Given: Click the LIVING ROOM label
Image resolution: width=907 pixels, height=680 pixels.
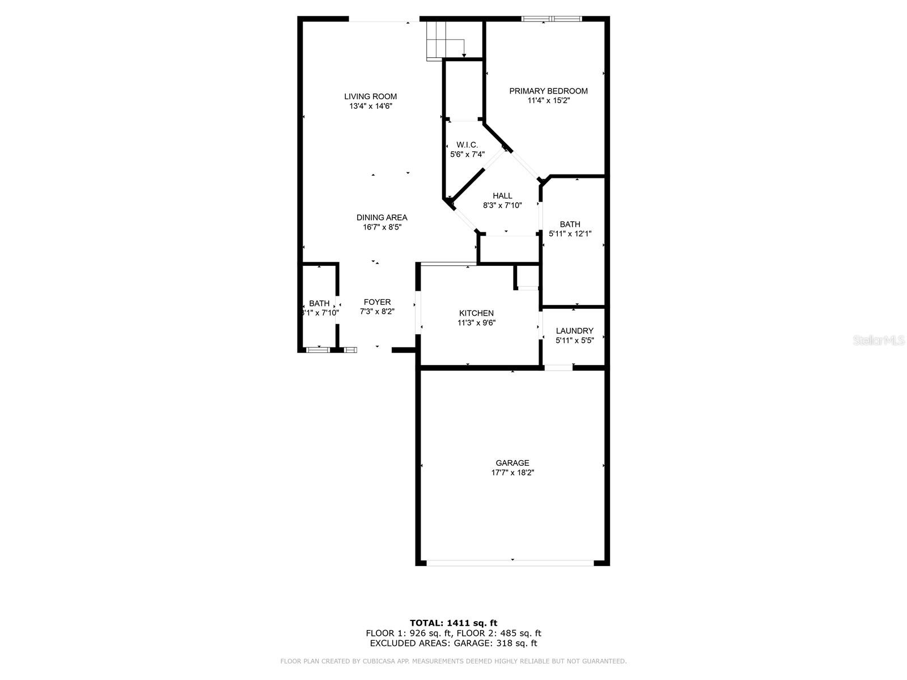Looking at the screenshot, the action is click(x=370, y=96).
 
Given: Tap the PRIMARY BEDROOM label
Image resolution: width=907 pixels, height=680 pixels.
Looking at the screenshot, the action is click(x=548, y=91).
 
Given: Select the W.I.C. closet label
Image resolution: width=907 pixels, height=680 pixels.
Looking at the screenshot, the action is click(x=467, y=145).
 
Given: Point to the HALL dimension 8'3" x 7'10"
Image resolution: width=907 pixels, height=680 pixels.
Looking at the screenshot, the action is click(x=502, y=205).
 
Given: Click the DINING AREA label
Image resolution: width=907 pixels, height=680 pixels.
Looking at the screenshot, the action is click(x=382, y=218).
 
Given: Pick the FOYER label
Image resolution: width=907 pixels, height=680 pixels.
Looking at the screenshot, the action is click(x=377, y=302).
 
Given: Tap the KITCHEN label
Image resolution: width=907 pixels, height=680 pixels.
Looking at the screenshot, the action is click(x=476, y=313).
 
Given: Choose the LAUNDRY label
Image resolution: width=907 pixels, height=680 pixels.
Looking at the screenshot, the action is click(x=574, y=331).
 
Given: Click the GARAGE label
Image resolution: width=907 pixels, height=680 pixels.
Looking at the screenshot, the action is click(x=512, y=463).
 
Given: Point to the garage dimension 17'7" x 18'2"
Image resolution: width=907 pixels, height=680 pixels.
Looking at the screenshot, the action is click(x=512, y=473).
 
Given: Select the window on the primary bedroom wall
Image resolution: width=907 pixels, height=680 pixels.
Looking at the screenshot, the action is click(x=552, y=19).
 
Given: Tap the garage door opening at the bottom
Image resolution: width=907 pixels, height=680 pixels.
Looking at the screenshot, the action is click(x=510, y=563).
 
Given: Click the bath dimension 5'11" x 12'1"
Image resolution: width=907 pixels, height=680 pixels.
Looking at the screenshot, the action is click(x=570, y=234).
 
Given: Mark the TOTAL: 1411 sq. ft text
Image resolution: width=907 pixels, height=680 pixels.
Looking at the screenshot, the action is click(x=453, y=623).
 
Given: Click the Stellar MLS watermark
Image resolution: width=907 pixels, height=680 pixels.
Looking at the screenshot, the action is click(x=879, y=340).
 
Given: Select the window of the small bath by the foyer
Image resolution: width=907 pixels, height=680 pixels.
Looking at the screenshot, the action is click(x=318, y=350).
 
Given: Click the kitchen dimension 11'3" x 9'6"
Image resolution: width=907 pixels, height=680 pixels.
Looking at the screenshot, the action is click(x=476, y=323).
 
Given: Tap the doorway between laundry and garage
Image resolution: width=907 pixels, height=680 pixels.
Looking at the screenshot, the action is click(x=558, y=367).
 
